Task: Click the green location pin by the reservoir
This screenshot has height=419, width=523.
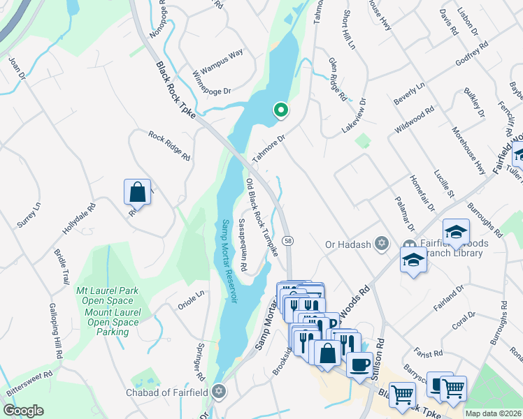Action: (280, 110)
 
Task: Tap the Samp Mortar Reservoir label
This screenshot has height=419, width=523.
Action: (229, 261)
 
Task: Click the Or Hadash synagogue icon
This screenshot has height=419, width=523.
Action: (381, 244)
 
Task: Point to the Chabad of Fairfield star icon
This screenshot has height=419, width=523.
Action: (220, 390)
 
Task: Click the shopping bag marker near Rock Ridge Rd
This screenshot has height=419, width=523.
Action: (138, 191)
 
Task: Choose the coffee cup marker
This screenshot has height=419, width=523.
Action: (359, 364)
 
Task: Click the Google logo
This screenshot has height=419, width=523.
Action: (23, 411)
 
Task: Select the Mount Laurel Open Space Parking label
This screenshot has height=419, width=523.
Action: (113, 321)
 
